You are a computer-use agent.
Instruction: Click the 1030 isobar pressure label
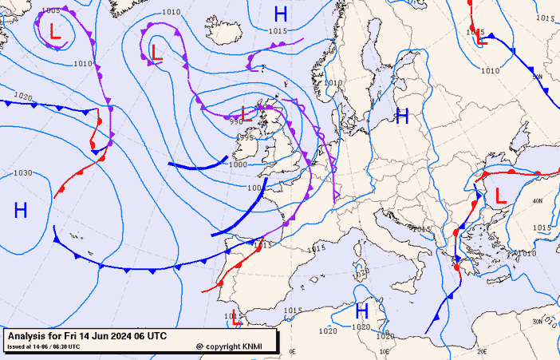[x=23, y=173]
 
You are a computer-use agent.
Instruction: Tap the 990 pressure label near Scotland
[x=235, y=122]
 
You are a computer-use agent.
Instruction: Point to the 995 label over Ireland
[x=246, y=137]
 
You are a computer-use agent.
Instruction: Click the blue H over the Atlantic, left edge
[x=21, y=211]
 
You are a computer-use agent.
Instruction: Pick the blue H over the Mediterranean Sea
[x=361, y=311]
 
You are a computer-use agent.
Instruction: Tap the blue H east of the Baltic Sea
[x=402, y=117]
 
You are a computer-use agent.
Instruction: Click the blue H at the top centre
[x=280, y=14]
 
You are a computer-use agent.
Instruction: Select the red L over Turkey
[x=501, y=196]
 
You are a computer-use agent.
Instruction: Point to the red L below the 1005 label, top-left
[x=54, y=33]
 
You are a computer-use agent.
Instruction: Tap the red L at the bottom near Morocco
[x=236, y=318]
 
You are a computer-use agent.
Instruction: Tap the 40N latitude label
[x=537, y=201]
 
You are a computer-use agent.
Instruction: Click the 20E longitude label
[x=482, y=350]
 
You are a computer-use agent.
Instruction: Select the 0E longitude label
[x=292, y=350]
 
